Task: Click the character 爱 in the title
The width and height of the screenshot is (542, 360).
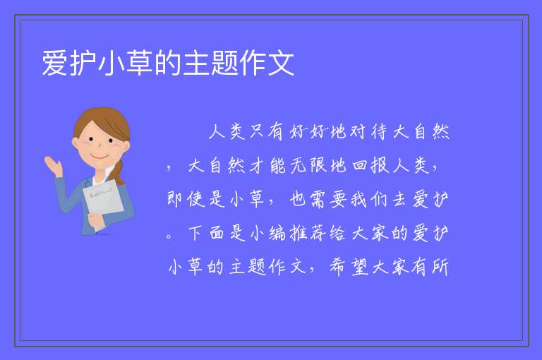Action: pyautogui.click(x=55, y=63)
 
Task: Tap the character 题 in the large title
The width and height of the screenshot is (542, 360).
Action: pyautogui.click(x=224, y=63)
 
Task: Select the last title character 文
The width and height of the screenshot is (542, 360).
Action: pyautogui.click(x=282, y=63)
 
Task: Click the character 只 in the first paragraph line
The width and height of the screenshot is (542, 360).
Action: pyautogui.click(x=257, y=131)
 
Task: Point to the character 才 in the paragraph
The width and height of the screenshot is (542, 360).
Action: pyautogui.click(x=256, y=166)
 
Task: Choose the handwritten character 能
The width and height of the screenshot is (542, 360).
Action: pyautogui.click(x=278, y=166)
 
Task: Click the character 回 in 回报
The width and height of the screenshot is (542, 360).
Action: pyautogui.click(x=360, y=166)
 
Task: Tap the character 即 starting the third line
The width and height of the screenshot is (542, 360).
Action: pyautogui.click(x=175, y=199)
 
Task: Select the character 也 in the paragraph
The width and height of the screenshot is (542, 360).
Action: pyautogui.click(x=297, y=199)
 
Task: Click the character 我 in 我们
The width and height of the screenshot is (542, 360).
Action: pyautogui.click(x=359, y=199)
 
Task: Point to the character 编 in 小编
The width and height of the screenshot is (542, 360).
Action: pyautogui.click(x=277, y=233)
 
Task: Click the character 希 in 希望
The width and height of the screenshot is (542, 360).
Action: pyautogui.click(x=337, y=267)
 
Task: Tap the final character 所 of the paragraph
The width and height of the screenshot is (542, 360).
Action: pyautogui.click(x=440, y=267)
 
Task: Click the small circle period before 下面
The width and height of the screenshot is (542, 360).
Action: pyautogui.click(x=169, y=236)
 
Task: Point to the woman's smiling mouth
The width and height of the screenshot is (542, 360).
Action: pyautogui.click(x=100, y=157)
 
